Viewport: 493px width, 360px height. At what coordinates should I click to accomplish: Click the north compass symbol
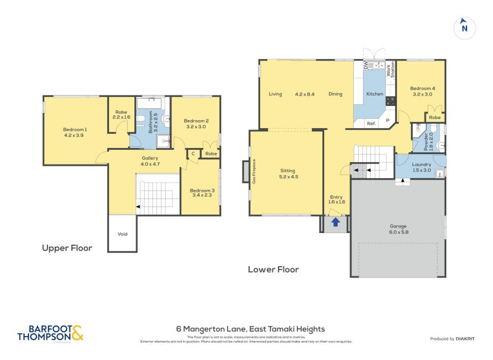pyautogui.click(x=465, y=28)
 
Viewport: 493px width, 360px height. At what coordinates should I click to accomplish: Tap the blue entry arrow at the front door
pyautogui.click(x=336, y=223)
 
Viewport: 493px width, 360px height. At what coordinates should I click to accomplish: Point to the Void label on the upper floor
pyautogui.click(x=121, y=234)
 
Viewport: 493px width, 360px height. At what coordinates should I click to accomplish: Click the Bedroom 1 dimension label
pyautogui.click(x=74, y=132)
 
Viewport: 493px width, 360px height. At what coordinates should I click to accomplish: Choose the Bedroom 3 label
pyautogui.click(x=202, y=194)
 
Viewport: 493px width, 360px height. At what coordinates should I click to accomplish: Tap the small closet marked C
pyautogui.click(x=193, y=153)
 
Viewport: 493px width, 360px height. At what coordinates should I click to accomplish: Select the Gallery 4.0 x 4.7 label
pyautogui.click(x=150, y=161)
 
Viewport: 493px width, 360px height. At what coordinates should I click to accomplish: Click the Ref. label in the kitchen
pyautogui.click(x=371, y=123)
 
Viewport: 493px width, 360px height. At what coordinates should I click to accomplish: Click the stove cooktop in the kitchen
pyautogui.click(x=389, y=100)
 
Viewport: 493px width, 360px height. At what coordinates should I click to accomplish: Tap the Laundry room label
pyautogui.click(x=422, y=168)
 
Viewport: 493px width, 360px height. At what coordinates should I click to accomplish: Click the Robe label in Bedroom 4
pyautogui.click(x=434, y=117)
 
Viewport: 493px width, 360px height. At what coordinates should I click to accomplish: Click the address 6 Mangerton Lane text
pyautogui.click(x=250, y=329)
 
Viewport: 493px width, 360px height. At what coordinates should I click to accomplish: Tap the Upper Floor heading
pyautogui.click(x=67, y=248)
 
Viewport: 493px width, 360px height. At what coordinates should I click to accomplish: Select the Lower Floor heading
pyautogui.click(x=273, y=269)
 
